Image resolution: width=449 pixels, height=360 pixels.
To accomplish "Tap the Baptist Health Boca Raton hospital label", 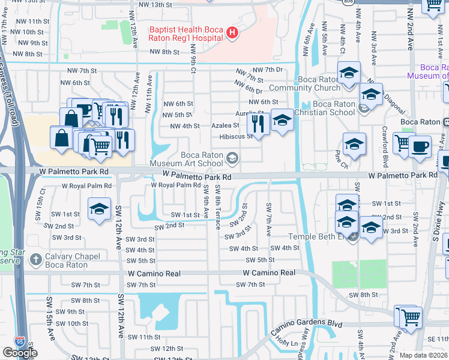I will click(x=186, y=33).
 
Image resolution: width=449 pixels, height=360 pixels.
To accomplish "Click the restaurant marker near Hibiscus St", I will click(x=258, y=124).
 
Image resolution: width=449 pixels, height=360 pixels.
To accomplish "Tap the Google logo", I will click(x=20, y=353).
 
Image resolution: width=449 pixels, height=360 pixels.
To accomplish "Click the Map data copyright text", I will click(x=423, y=355).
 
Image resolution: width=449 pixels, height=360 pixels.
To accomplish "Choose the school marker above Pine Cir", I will click(x=354, y=144).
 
